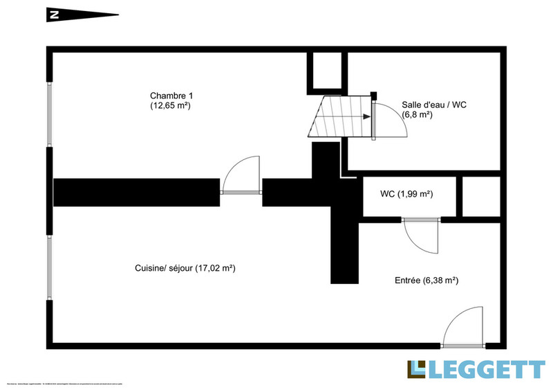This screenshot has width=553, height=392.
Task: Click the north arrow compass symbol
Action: [x=82, y=13]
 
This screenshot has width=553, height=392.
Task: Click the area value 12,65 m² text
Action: [x=170, y=106]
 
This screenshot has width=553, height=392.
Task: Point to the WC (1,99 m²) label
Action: [x=407, y=195]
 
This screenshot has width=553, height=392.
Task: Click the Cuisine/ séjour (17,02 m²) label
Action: [x=185, y=267]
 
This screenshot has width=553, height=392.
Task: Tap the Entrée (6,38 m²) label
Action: [x=427, y=280]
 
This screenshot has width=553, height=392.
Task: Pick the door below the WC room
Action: [x=422, y=235]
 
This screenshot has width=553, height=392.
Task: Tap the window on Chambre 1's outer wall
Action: [x=49, y=116]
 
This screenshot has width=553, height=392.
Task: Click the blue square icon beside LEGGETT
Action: [x=417, y=370]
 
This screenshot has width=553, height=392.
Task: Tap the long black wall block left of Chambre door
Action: [x=136, y=192]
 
